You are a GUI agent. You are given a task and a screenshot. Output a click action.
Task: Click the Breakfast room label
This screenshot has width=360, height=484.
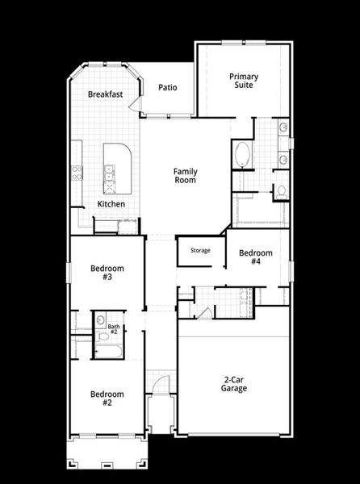pos(105,94)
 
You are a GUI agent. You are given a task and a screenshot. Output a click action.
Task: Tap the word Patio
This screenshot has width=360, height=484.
pos(168,88)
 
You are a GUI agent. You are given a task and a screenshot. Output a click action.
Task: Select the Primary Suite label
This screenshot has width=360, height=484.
pos(244,81)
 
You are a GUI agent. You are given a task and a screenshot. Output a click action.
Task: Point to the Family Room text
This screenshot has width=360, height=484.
pos(186,176)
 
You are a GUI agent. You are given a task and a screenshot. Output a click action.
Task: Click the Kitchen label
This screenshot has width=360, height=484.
pos(111,204)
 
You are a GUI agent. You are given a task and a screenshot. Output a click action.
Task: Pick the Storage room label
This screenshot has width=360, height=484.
pos(200,251)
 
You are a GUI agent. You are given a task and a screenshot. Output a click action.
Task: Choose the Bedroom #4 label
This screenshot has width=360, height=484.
pos(255,257)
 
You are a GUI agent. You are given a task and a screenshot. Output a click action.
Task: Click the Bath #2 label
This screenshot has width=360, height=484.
pos(114,329)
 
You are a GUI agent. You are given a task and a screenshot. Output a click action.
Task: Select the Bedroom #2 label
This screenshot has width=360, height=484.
pos(107,398)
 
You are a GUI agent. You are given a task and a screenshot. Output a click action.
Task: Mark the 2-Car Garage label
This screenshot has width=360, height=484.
pos(235,383)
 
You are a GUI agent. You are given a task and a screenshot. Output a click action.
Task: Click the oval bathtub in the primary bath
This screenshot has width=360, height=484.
pos(242,155)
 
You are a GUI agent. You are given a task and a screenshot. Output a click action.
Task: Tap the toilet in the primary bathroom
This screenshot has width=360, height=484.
pos(280,192)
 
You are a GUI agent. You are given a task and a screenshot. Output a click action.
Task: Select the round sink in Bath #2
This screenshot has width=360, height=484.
pos(100,320)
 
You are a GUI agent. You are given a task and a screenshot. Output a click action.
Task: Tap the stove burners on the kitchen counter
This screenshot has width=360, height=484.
pos(77,171)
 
